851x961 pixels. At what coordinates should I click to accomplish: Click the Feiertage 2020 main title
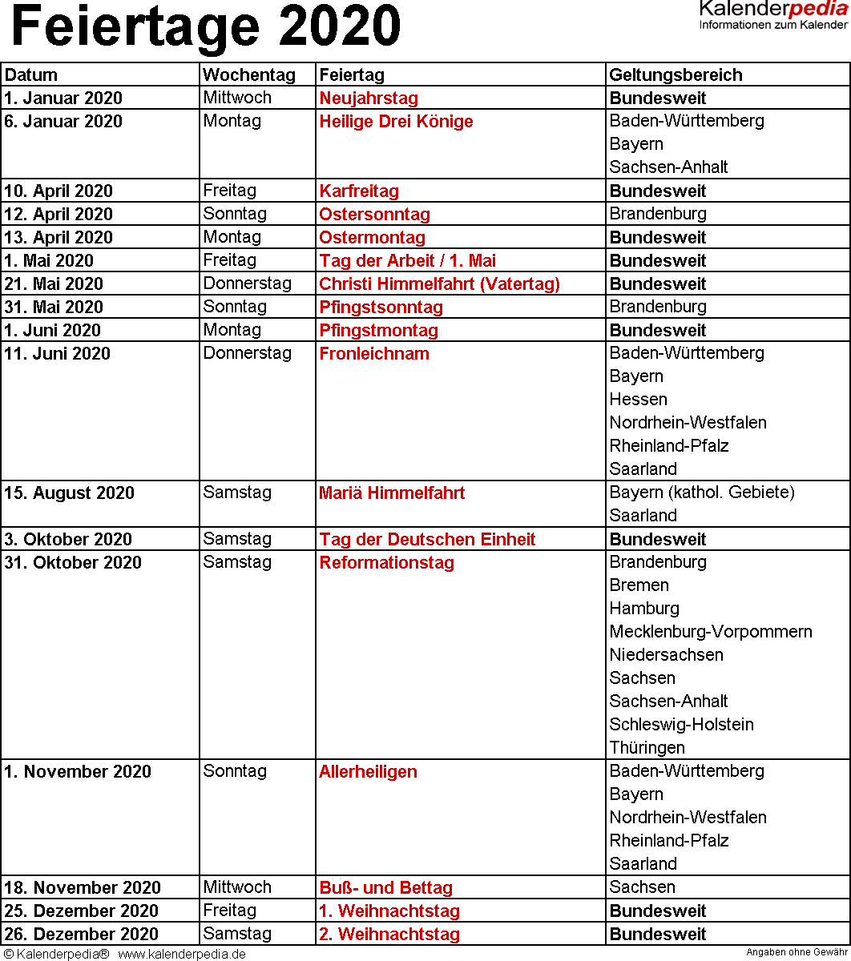(206, 27)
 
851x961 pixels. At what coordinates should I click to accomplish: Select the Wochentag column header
(249, 75)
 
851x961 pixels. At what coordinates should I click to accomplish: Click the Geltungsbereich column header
(676, 75)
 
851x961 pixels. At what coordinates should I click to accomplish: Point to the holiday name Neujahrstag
(369, 99)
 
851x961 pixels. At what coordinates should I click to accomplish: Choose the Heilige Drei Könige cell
(396, 122)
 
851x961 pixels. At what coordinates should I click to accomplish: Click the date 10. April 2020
(58, 191)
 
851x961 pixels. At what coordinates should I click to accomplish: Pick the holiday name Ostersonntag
(374, 215)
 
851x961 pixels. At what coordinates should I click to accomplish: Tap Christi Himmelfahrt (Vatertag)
(439, 284)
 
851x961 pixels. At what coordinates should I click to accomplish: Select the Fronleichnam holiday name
(374, 354)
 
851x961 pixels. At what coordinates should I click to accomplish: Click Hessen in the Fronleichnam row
(638, 400)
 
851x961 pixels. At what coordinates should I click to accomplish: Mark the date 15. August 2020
(70, 493)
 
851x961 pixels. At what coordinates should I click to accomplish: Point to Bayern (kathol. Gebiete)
(702, 493)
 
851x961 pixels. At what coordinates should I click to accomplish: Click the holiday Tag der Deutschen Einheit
(427, 540)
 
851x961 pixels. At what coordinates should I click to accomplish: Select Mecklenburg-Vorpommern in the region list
(711, 632)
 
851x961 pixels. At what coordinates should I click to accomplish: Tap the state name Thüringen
(647, 748)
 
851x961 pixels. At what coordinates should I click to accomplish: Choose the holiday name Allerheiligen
(368, 772)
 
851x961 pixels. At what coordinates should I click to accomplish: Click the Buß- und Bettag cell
(385, 888)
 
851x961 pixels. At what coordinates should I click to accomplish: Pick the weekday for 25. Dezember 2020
(230, 911)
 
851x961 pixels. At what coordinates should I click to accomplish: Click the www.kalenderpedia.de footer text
(182, 954)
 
